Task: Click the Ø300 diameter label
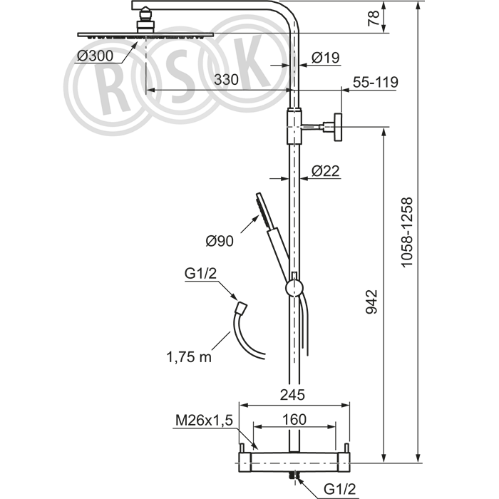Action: [95, 56]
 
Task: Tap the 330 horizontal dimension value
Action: [226, 80]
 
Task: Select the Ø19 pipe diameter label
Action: [326, 58]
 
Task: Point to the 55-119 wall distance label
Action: [375, 82]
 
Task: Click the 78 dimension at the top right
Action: [374, 18]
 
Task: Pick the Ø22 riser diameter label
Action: [326, 171]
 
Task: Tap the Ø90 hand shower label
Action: [220, 241]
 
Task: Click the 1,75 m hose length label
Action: [189, 357]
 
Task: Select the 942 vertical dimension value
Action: [371, 302]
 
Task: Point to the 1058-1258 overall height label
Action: [406, 232]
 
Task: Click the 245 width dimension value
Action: [292, 395]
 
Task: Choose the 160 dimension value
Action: [294, 419]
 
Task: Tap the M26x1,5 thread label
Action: [205, 421]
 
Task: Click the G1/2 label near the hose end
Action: [200, 273]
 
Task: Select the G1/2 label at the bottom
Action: [339, 489]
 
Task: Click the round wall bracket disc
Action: [337, 127]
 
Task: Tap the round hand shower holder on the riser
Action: [294, 288]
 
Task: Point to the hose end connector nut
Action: [241, 307]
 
